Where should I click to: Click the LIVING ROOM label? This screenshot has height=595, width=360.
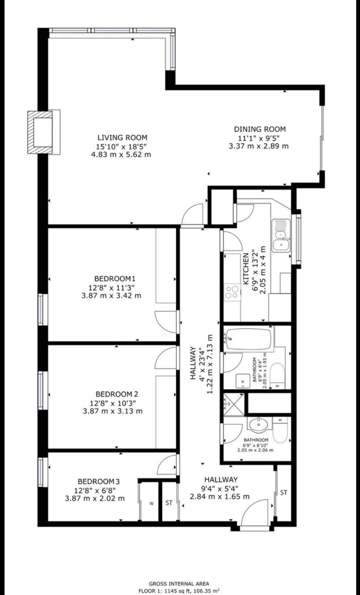tap(122, 138)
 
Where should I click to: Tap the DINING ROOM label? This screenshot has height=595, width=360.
tap(260, 129)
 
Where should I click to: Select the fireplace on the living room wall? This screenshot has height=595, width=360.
tap(44, 132)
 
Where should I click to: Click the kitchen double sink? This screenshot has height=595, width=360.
tap(281, 235)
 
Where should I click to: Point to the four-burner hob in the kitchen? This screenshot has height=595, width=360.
tap(232, 292)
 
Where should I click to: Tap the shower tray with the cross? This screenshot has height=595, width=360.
tap(233, 404)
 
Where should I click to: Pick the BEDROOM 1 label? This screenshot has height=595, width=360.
tap(115, 278)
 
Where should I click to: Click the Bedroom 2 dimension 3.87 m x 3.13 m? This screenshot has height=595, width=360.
tap(112, 411)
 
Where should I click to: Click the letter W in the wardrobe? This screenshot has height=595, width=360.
tap(151, 503)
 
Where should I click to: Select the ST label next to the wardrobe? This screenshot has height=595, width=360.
tap(169, 502)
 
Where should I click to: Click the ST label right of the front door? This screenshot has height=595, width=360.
tap(284, 492)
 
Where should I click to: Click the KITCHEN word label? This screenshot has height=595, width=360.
tap(246, 268)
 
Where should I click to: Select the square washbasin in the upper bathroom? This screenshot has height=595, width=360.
tap(242, 381)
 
